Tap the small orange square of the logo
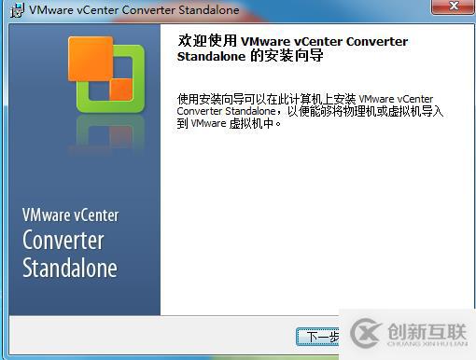(121, 90)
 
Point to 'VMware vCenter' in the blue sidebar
(71, 215)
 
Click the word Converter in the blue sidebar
(63, 241)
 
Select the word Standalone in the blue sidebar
(70, 269)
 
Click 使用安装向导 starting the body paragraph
(204, 98)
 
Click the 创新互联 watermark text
(425, 330)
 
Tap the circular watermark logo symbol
(363, 334)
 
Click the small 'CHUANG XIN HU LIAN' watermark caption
(425, 346)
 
